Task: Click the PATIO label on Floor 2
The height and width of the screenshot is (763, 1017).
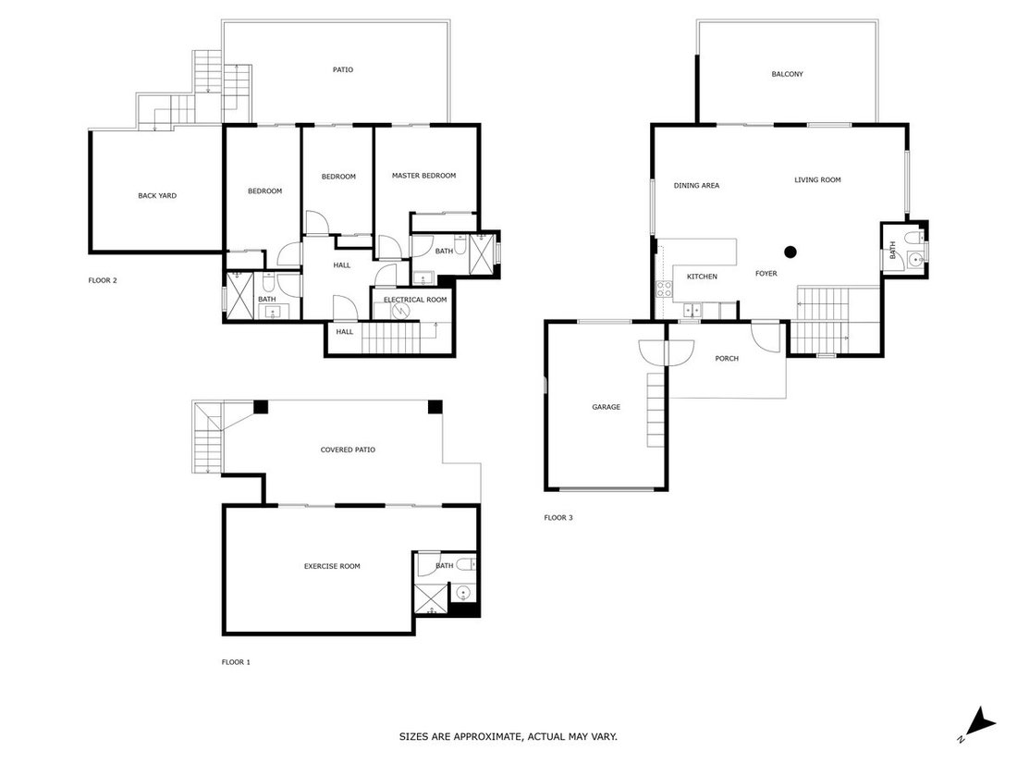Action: point(343,70)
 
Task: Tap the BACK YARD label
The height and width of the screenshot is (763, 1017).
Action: point(157,196)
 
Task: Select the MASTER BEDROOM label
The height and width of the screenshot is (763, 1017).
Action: point(423,176)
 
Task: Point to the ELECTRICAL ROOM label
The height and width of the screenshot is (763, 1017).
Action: point(415,300)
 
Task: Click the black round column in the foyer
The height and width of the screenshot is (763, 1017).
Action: point(790,252)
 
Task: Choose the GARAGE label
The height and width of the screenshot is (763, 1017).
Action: point(606,408)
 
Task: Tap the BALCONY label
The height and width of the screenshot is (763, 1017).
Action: point(788,75)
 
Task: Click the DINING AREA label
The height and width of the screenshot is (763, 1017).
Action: point(696,186)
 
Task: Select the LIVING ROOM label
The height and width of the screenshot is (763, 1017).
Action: point(817,180)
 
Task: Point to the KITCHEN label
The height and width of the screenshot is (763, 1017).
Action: point(702,277)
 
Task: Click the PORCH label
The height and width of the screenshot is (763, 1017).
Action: point(727,359)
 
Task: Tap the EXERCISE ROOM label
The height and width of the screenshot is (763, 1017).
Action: point(332,566)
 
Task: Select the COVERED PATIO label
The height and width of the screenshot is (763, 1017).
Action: point(348,449)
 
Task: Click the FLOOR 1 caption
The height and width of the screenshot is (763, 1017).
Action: point(236,662)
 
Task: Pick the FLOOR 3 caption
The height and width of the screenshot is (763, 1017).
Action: point(558,518)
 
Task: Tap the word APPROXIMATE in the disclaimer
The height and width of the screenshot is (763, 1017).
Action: point(487,737)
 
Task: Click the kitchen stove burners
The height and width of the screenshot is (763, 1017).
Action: point(664,289)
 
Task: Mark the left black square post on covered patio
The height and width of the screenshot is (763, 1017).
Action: point(260,407)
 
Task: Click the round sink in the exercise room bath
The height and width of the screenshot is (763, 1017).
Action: point(463,593)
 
